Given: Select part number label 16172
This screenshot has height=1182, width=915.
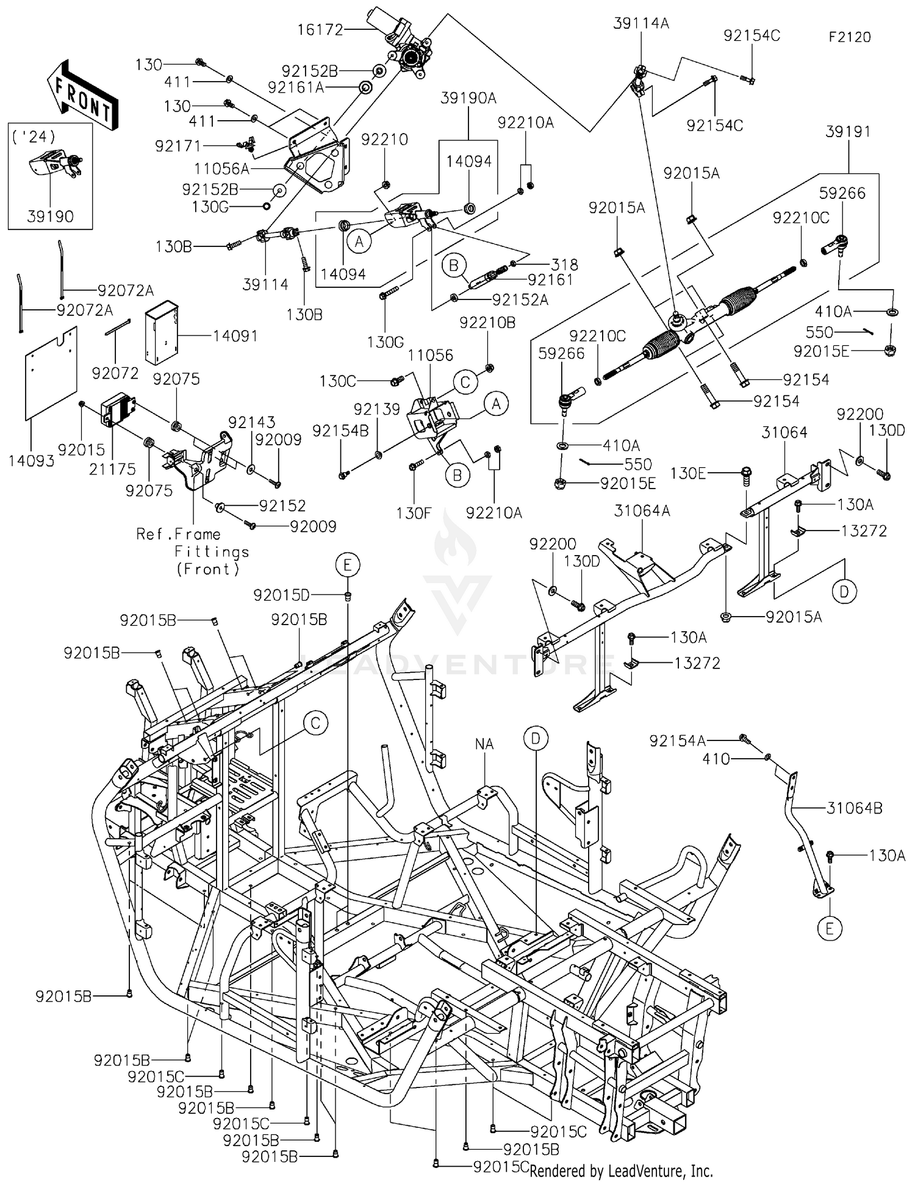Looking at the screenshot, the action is [320, 29].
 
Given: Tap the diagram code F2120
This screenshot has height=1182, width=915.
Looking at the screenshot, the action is [850, 37].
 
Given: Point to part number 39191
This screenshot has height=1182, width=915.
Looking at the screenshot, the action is [848, 132].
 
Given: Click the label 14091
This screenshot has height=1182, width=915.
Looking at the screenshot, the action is [235, 336].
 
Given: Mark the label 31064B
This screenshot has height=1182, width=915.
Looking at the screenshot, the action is [855, 808].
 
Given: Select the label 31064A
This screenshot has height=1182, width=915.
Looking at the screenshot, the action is [642, 510].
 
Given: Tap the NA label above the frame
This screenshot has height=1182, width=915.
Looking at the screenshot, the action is [484, 744].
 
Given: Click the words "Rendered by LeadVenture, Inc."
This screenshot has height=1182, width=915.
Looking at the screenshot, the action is [621, 1170].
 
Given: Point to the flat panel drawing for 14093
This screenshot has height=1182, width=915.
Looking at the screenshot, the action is [51, 373].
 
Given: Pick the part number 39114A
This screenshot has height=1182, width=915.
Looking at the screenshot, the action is [641, 23].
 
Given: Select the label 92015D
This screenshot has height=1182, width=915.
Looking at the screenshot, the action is [282, 595].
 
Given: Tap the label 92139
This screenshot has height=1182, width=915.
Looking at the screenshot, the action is [376, 409].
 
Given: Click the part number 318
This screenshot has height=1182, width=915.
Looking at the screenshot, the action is [564, 265].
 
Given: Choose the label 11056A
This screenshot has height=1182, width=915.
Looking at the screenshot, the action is [222, 168].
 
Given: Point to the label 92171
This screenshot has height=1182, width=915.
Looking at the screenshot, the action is [178, 146].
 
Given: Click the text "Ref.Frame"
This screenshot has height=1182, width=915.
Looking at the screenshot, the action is [178, 534].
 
